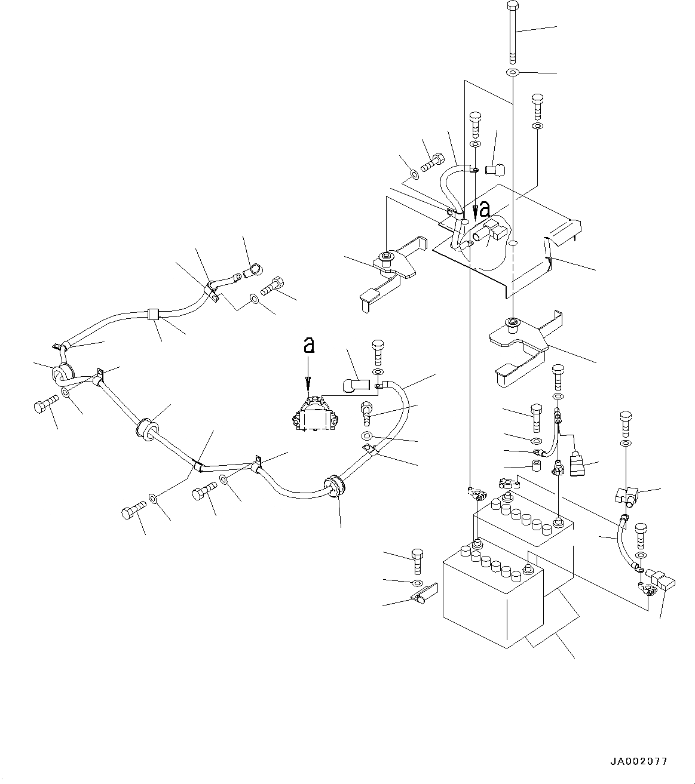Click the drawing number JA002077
638,761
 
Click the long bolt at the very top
513,33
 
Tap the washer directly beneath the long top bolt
513,73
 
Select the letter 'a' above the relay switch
308,345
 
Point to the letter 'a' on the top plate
485,209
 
